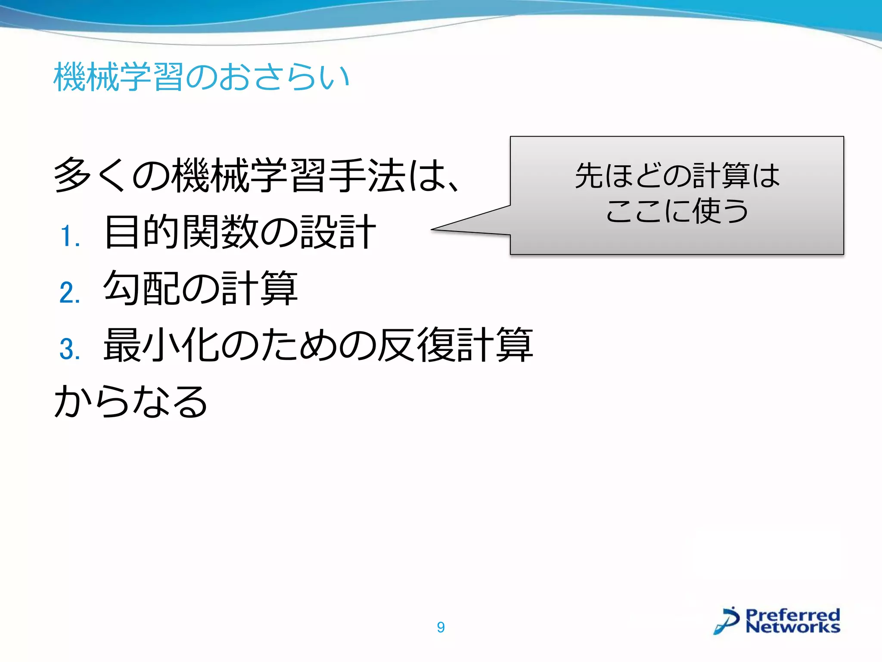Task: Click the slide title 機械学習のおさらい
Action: click(x=201, y=77)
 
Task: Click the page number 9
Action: click(x=441, y=627)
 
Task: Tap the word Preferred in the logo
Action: click(x=792, y=614)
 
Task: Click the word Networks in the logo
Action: click(x=792, y=627)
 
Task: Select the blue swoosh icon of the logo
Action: click(x=727, y=621)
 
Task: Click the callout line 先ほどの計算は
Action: click(x=677, y=176)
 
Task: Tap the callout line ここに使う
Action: click(x=677, y=211)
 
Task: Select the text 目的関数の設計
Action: click(x=240, y=232)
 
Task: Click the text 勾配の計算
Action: click(x=200, y=288)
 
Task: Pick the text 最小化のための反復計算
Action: click(x=318, y=345)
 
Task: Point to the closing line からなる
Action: click(x=131, y=401)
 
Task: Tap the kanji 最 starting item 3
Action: click(x=122, y=345)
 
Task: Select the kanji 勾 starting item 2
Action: click(x=122, y=288)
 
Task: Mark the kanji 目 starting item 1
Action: click(x=122, y=232)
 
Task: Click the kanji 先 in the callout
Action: click(x=589, y=176)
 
